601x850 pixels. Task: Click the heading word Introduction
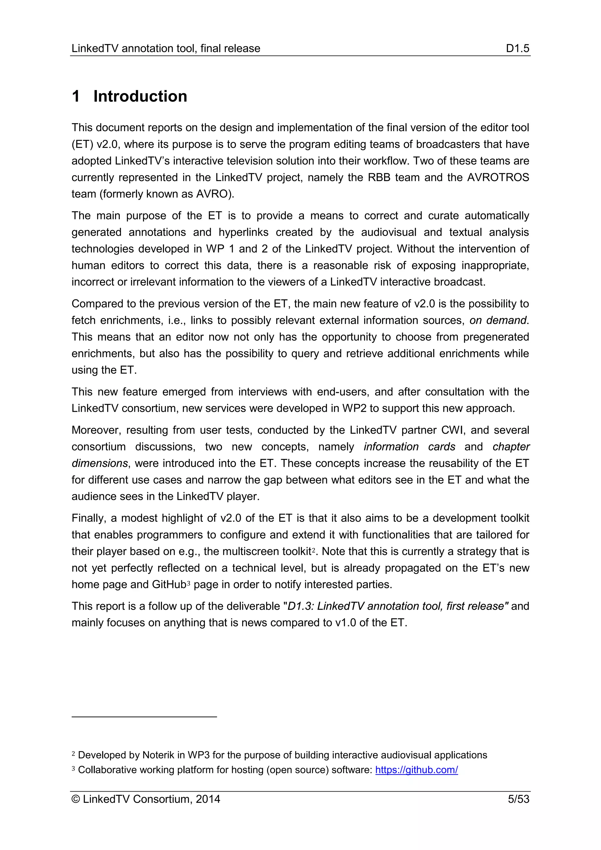(140, 96)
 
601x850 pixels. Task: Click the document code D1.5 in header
(517, 48)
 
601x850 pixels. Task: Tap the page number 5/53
(518, 799)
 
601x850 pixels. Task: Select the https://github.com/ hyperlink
(416, 770)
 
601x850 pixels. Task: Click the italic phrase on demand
(498, 320)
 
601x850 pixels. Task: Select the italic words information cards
(409, 446)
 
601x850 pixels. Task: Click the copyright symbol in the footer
(75, 799)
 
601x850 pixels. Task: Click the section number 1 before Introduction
(76, 96)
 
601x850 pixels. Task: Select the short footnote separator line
(144, 717)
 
